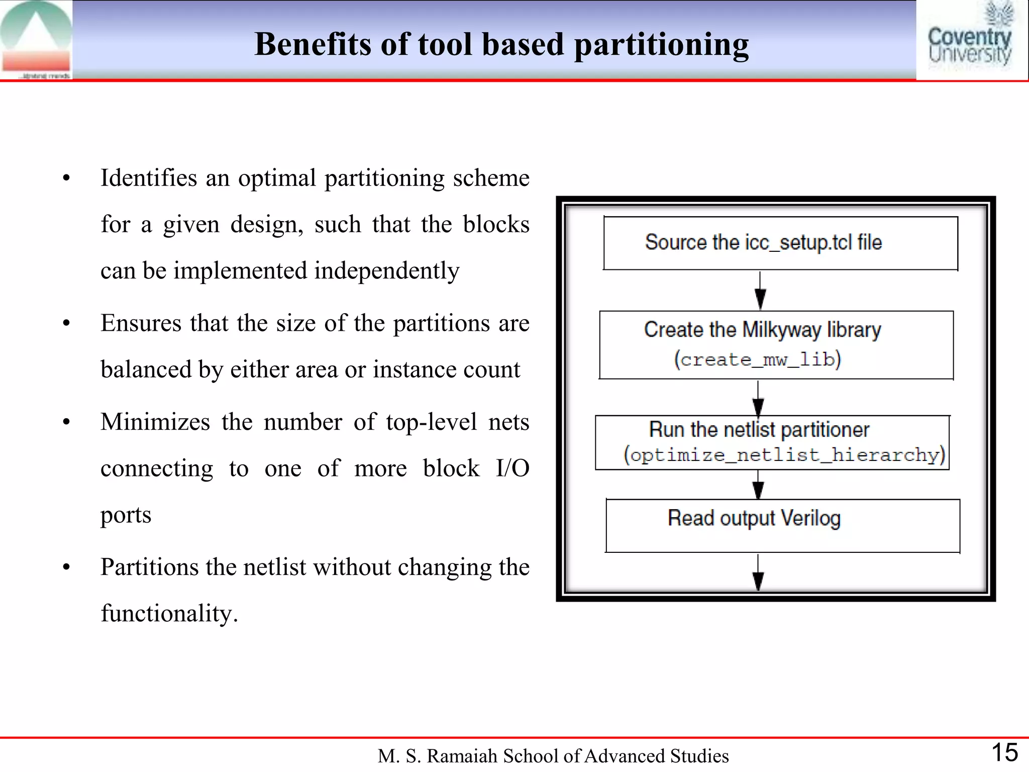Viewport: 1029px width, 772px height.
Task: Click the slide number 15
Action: tap(1004, 753)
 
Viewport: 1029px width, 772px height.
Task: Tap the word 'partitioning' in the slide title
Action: tap(661, 45)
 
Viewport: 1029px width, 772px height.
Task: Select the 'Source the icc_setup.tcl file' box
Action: tap(780, 243)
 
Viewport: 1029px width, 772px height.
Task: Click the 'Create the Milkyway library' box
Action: tap(776, 345)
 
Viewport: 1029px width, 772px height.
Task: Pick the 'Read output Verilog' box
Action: tap(783, 525)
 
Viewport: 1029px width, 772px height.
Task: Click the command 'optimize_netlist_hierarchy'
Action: tap(784, 455)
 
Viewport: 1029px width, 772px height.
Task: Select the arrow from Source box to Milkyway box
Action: tap(760, 291)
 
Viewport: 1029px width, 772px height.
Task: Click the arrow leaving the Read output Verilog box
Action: tap(758, 573)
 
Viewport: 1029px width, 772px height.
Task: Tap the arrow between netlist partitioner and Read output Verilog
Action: tap(758, 484)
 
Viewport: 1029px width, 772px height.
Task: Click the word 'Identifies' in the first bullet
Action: tap(149, 178)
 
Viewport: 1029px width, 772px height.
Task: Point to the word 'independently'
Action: tap(386, 271)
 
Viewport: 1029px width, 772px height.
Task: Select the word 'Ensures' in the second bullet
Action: tap(141, 323)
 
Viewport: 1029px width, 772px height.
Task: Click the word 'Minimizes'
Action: tap(155, 422)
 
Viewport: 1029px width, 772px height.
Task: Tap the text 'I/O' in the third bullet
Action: tap(512, 468)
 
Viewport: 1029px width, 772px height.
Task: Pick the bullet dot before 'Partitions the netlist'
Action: tap(66, 567)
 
